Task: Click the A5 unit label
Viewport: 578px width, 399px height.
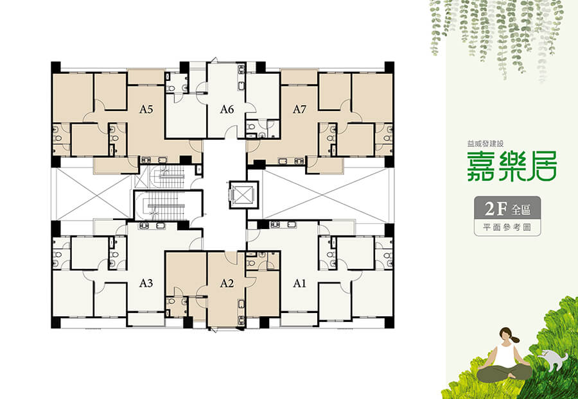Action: tap(146, 109)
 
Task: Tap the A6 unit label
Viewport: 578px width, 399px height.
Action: tap(227, 109)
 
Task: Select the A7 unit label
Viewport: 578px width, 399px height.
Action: tap(299, 109)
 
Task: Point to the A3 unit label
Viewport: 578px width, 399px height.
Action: tap(146, 283)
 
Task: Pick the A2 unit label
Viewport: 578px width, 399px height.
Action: tap(227, 283)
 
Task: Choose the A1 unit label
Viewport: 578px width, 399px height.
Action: tap(299, 283)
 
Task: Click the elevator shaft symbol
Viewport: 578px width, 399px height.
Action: tap(241, 195)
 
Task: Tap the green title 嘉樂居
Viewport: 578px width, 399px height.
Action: tap(512, 166)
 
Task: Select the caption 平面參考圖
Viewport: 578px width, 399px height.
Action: tap(507, 227)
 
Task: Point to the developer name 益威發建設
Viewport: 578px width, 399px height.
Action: tap(485, 144)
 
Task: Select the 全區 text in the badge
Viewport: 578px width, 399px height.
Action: tap(521, 210)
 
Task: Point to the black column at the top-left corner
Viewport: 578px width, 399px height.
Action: tap(56, 67)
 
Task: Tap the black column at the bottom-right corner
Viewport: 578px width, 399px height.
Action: tap(389, 323)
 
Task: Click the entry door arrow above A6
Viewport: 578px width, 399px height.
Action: tap(215, 60)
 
